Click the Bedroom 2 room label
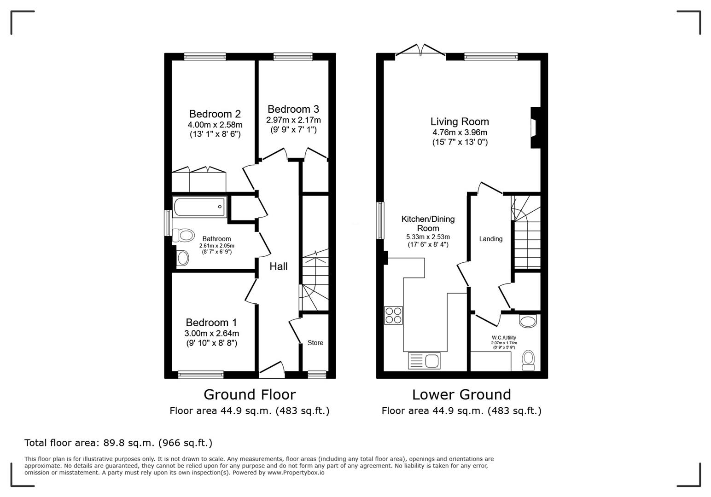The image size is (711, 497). pyautogui.click(x=215, y=114)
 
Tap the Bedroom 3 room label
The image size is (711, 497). pyautogui.click(x=293, y=110)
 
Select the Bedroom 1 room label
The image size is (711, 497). pyautogui.click(x=211, y=323)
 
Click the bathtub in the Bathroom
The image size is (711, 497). pyautogui.click(x=199, y=207)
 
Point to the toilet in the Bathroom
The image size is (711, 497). pyautogui.click(x=183, y=236)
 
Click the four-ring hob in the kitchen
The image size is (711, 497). pyautogui.click(x=393, y=315)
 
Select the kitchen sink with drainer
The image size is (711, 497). pyautogui.click(x=424, y=360)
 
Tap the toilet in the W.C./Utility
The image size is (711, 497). pyautogui.click(x=529, y=359)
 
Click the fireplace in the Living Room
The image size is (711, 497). pyautogui.click(x=535, y=128)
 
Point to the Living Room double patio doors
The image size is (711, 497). pyautogui.click(x=420, y=52)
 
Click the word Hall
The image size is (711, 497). pyautogui.click(x=279, y=266)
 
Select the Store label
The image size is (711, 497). pyautogui.click(x=315, y=343)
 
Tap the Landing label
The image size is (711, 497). pyautogui.click(x=490, y=239)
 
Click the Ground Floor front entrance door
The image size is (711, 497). pyautogui.click(x=272, y=369)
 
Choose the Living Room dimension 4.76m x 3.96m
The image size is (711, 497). pyautogui.click(x=460, y=133)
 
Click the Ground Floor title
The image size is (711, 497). pyautogui.click(x=249, y=394)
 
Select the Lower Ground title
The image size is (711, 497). pyautogui.click(x=461, y=394)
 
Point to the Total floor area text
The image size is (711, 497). pyautogui.click(x=118, y=443)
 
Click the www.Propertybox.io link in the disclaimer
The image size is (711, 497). pyautogui.click(x=296, y=473)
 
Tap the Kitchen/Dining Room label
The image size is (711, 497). pyautogui.click(x=428, y=224)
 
